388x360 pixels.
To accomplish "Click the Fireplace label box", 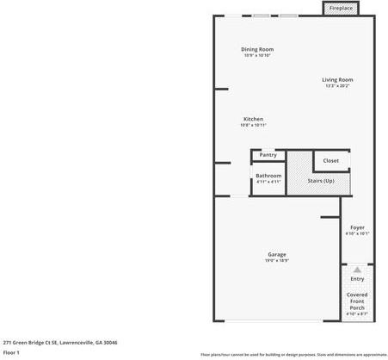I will point(341,9).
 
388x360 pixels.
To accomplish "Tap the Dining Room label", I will point(256,49).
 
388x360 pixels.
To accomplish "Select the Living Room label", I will point(337,79).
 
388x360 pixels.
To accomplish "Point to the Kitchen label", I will point(253,119).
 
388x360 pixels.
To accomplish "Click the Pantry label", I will point(268,155).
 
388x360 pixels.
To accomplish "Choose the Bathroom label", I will point(268,176).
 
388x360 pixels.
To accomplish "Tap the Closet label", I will point(331,161).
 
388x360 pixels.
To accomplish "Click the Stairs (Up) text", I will point(321,181).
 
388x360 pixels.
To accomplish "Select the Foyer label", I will point(357,227).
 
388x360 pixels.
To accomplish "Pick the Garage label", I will point(276,254).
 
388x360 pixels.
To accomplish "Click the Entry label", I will point(357,279).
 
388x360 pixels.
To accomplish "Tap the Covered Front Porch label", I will point(357,301).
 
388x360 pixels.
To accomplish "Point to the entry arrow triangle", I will point(357,270).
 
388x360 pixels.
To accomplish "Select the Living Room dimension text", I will point(337,85).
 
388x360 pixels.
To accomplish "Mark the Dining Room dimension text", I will point(256,56).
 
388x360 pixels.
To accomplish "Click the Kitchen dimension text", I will point(253,125).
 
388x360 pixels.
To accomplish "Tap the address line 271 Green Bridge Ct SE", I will point(60,342).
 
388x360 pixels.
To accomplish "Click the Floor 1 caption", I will point(11,352).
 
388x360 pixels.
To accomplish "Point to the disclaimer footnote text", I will point(293,354).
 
